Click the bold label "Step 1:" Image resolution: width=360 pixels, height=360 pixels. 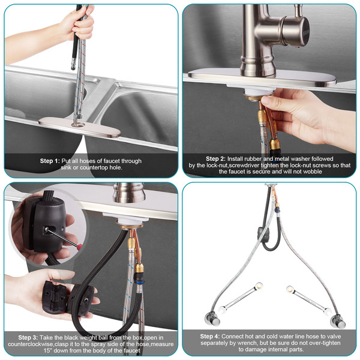[50, 161]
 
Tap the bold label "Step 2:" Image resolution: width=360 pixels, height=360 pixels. [215, 158]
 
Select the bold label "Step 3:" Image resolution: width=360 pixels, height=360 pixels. [28, 337]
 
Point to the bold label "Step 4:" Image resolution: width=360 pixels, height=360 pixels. [210, 337]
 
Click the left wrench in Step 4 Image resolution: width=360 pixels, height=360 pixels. [241, 298]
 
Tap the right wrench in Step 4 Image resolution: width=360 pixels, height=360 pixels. [308, 300]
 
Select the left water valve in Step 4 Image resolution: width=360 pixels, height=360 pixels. [212, 318]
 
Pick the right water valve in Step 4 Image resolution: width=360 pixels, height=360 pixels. [338, 321]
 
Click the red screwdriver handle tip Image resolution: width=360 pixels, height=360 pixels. [80, 247]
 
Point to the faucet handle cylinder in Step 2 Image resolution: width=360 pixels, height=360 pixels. [296, 31]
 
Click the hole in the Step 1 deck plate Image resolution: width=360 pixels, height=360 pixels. [79, 125]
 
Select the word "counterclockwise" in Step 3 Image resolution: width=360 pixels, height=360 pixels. [31, 344]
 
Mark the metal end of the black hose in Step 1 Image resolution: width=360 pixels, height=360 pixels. [73, 64]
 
